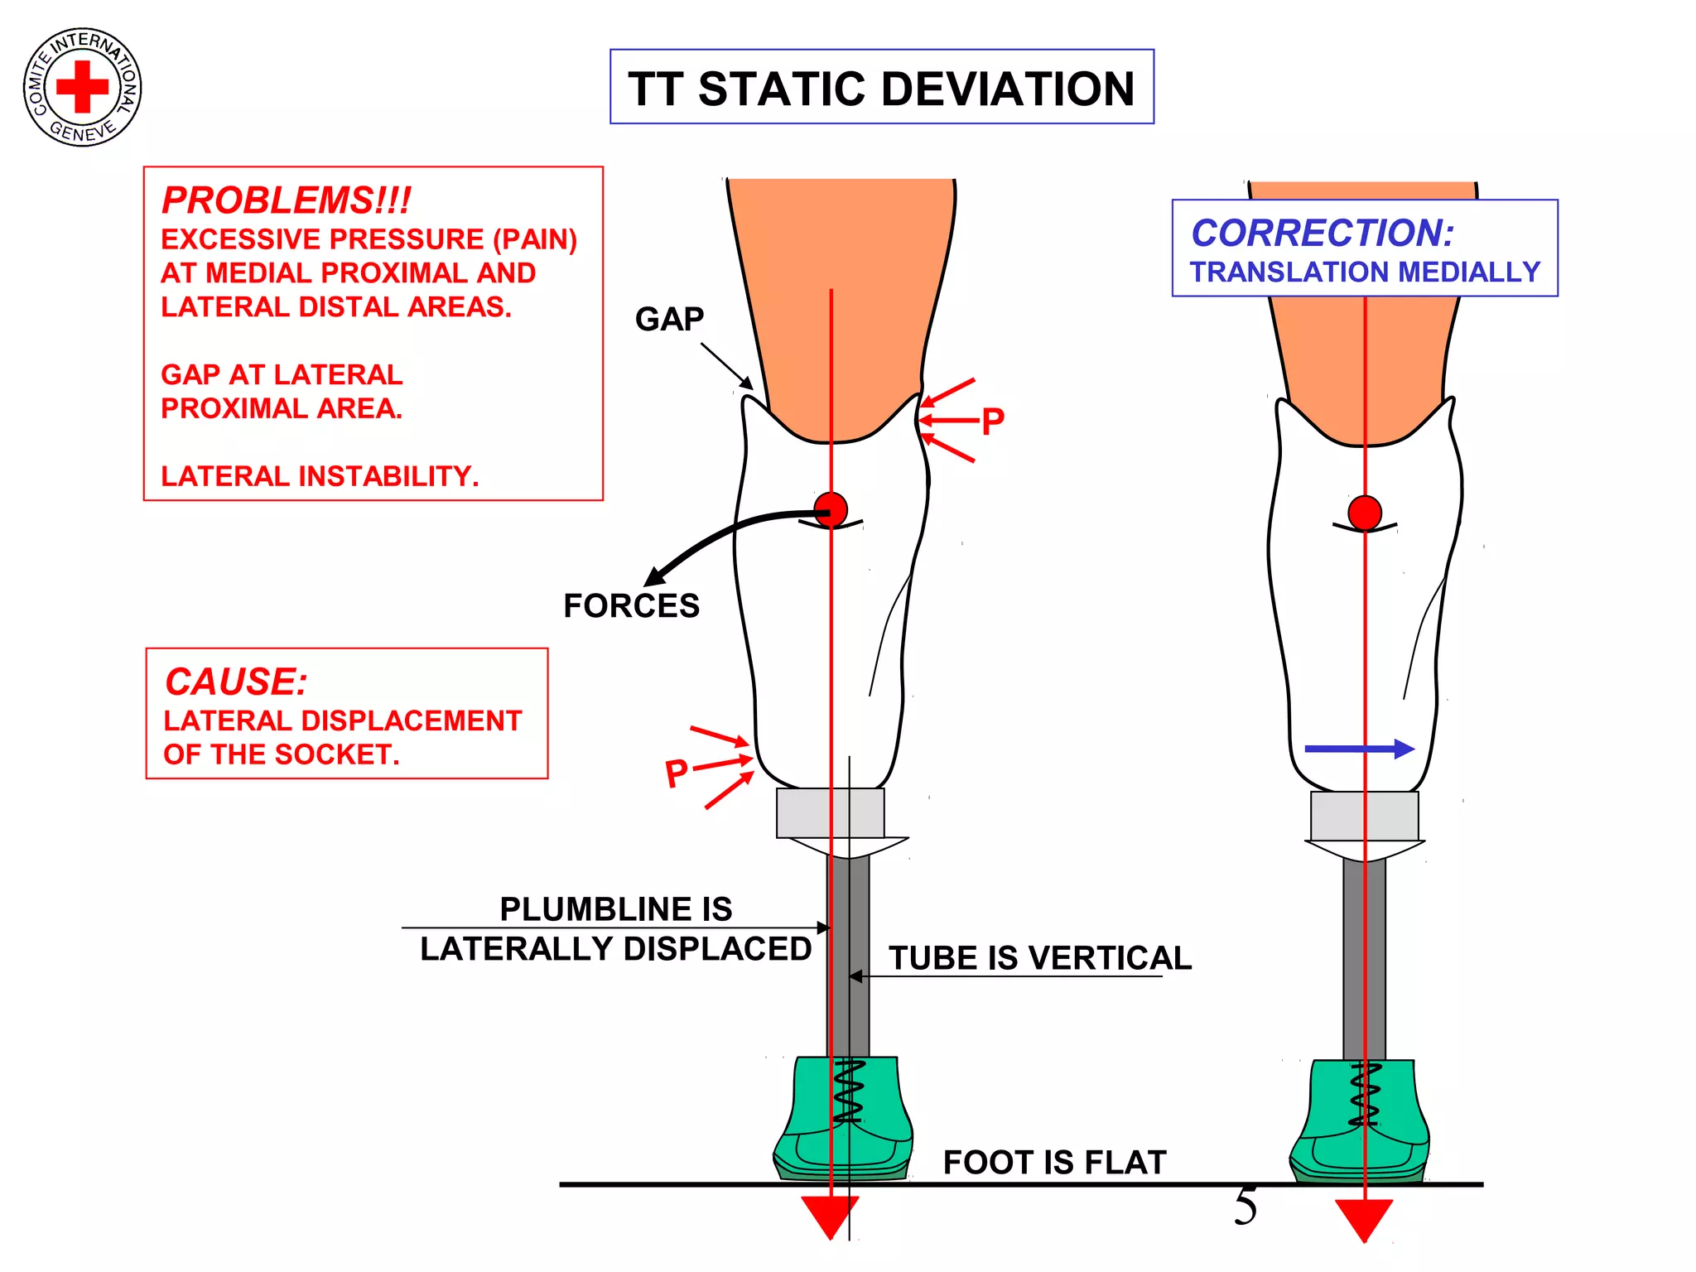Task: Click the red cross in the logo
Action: (x=82, y=86)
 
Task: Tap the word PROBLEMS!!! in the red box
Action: (x=286, y=200)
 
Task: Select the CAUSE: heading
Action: (x=236, y=682)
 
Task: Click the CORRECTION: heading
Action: (x=1323, y=233)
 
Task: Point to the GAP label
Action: (x=669, y=319)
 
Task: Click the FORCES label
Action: (x=631, y=605)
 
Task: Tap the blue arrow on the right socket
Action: (x=1359, y=749)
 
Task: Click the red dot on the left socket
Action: (x=831, y=509)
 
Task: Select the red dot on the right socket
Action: (x=1365, y=513)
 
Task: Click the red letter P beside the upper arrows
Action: (x=992, y=422)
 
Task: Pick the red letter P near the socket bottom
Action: (x=677, y=774)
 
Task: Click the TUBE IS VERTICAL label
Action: (x=1039, y=958)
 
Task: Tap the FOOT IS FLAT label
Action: (x=1054, y=1162)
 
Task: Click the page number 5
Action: (x=1245, y=1206)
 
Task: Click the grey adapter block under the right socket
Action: (x=1364, y=816)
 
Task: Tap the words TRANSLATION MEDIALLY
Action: (x=1365, y=272)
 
